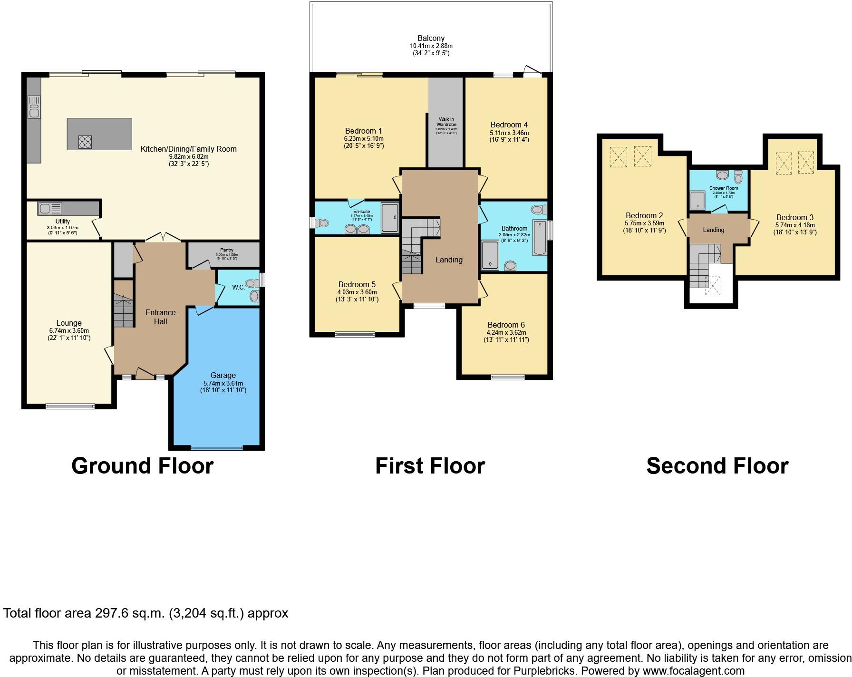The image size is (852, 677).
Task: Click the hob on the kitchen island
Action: [x=85, y=141]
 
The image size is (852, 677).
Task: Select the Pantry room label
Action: [x=227, y=250]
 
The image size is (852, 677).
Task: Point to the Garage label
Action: [x=223, y=375]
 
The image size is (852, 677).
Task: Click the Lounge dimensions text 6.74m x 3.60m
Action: [x=69, y=331]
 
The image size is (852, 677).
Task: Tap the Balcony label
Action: [x=431, y=38]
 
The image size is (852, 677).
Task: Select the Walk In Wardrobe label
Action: [x=446, y=122]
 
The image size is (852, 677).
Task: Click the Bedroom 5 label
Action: [x=357, y=285]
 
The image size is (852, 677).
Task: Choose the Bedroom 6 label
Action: [x=506, y=325]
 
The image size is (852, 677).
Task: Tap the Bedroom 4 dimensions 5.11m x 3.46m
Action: [x=509, y=133]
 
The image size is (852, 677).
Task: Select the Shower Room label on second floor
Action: [x=724, y=188]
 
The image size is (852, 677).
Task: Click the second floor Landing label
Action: [x=713, y=230]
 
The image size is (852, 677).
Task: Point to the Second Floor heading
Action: [x=717, y=466]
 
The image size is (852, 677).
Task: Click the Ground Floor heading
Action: [x=142, y=466]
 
